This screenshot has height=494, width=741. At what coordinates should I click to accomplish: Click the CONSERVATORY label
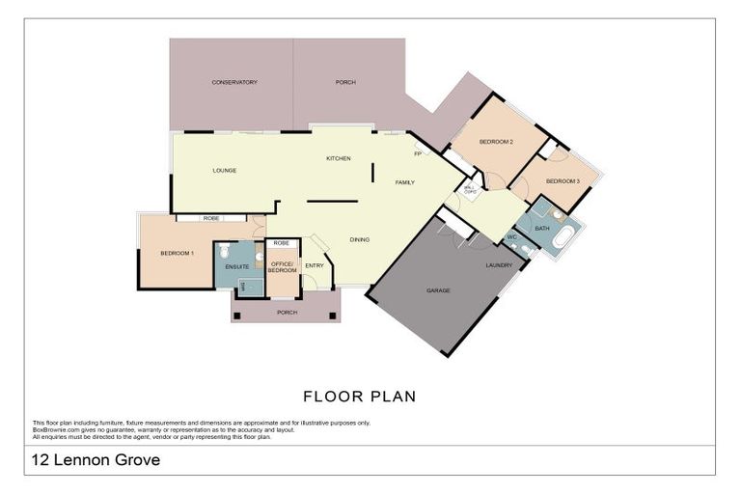[x=234, y=83]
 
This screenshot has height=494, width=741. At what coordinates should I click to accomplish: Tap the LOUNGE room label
[x=225, y=171]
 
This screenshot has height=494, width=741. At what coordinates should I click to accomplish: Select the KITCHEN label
[x=338, y=158]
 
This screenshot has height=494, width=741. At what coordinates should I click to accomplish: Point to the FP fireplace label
[x=418, y=154]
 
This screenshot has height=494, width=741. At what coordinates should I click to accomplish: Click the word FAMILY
[x=405, y=182]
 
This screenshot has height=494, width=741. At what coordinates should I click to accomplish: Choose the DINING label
[x=359, y=239]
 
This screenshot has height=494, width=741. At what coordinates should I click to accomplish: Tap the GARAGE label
[x=439, y=290]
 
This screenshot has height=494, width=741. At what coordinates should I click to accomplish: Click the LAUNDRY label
[x=499, y=265]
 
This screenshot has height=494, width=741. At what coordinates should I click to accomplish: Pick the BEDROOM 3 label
[x=563, y=181]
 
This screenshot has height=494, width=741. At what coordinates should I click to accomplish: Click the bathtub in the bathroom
[x=563, y=237]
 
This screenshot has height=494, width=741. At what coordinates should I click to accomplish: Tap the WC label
[x=512, y=237]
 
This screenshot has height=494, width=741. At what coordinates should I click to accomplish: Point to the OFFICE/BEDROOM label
[x=283, y=267]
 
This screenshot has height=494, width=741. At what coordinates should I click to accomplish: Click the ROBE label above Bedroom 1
[x=210, y=218]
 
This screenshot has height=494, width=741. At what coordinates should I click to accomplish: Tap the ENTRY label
[x=314, y=266]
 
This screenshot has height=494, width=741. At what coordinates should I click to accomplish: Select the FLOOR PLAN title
[x=359, y=396]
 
